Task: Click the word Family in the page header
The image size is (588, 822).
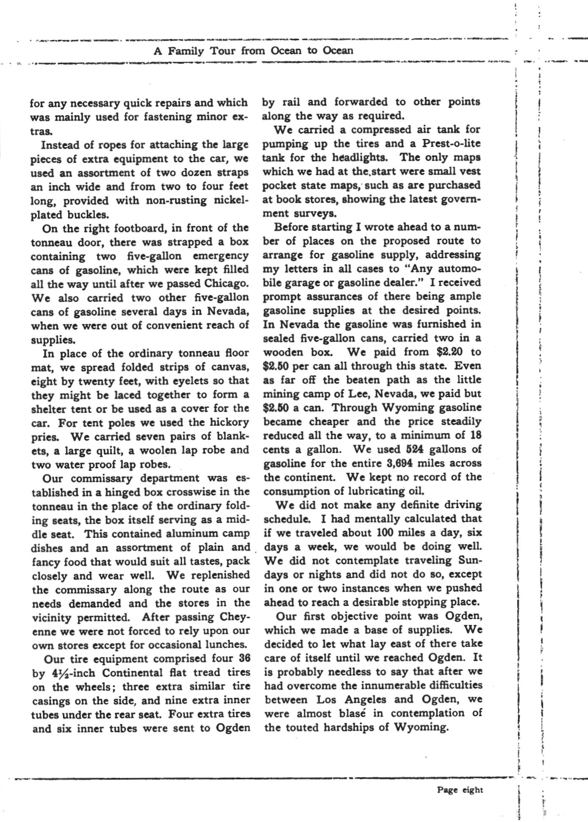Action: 186,51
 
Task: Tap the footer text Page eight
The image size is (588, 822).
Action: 460,789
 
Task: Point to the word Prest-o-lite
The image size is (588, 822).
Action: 452,144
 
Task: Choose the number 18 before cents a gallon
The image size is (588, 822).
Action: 475,435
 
